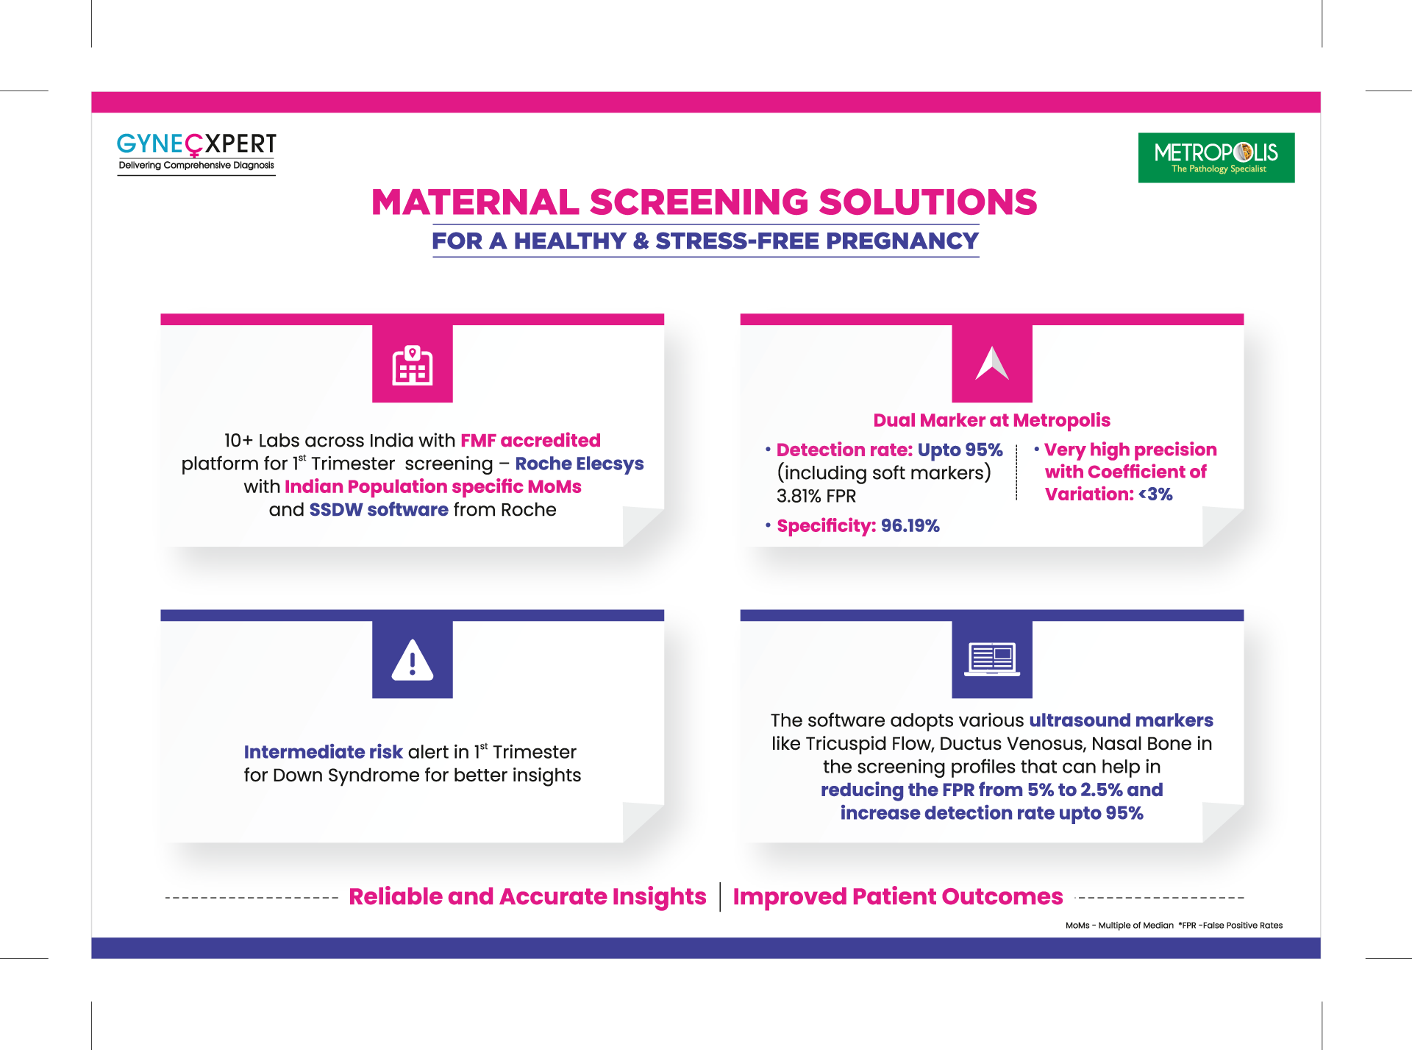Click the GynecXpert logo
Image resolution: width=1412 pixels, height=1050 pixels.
(196, 152)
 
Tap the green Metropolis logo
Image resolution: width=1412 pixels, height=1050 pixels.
(1216, 157)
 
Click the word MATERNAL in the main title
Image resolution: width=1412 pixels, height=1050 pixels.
(475, 202)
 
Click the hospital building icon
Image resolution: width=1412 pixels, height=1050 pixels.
(412, 364)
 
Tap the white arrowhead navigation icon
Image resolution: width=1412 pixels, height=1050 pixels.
(991, 363)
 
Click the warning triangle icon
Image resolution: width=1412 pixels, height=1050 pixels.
(412, 660)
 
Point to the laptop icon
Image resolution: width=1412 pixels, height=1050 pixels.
(991, 659)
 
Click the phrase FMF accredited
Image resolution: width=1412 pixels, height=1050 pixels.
(530, 441)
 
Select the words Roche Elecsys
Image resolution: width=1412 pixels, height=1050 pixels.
(579, 464)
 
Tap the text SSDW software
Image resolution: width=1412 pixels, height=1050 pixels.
(378, 510)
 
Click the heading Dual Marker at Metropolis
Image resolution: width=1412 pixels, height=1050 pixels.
(991, 420)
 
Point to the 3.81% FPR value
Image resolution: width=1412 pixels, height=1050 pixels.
(816, 496)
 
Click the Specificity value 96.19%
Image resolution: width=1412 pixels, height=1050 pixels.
(910, 526)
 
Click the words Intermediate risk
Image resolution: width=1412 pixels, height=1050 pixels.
(323, 752)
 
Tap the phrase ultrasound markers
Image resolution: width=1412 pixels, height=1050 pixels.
(1121, 720)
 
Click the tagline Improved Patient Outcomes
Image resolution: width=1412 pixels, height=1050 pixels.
(897, 897)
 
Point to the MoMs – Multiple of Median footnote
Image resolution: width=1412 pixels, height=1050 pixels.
(1119, 926)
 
